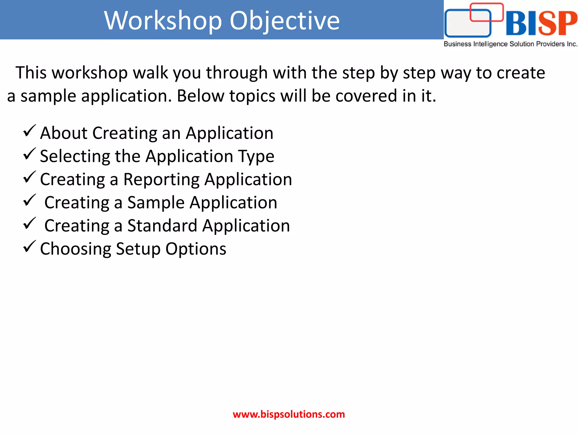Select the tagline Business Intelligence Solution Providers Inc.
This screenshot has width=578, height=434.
click(510, 44)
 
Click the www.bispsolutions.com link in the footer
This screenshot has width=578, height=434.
click(289, 414)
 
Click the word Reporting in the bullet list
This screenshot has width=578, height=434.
click(161, 180)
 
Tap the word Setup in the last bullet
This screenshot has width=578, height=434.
click(138, 249)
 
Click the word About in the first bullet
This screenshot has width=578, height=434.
click(64, 133)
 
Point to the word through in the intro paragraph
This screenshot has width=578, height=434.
click(237, 73)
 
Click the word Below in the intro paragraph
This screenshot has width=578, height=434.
click(200, 96)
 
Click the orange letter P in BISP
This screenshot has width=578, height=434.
click(566, 23)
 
